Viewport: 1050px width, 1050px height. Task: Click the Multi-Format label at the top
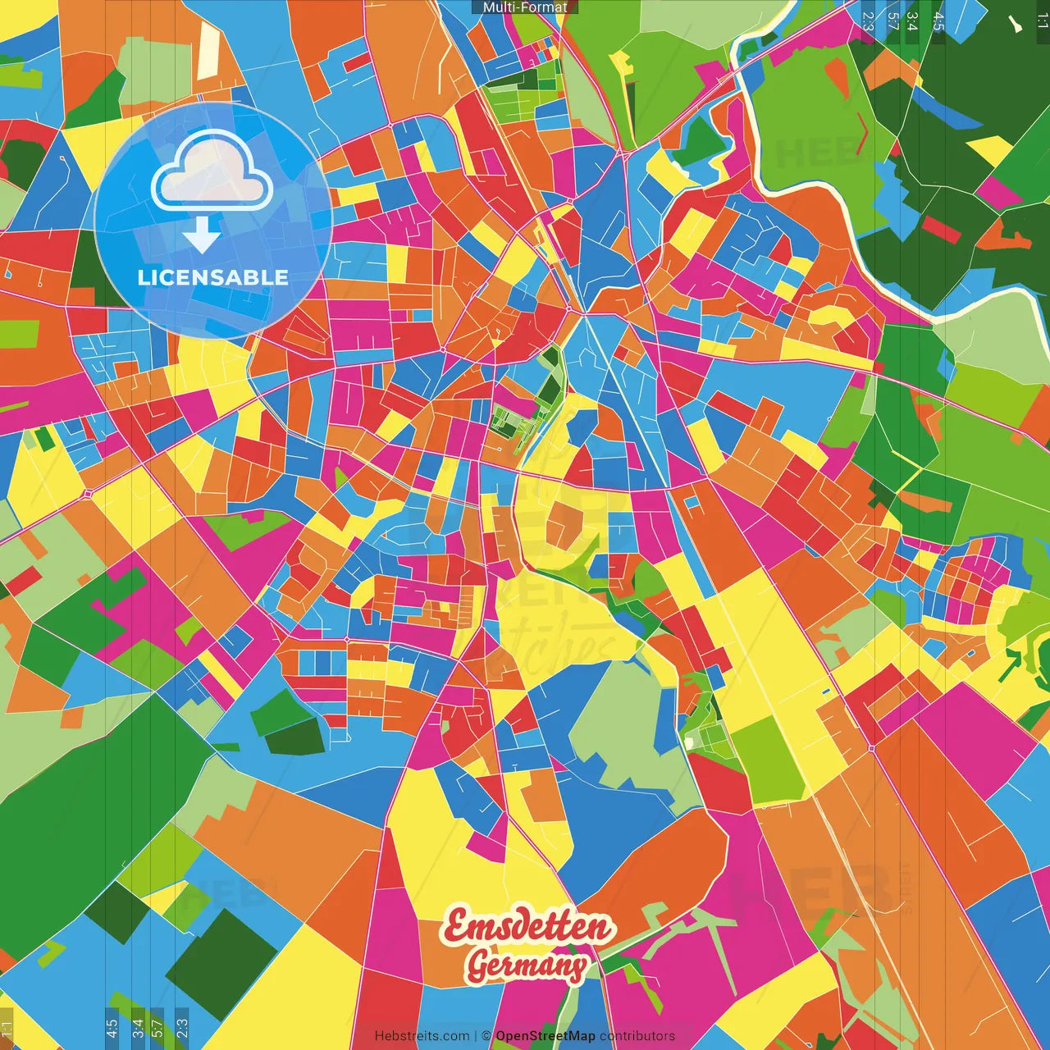pyautogui.click(x=525, y=7)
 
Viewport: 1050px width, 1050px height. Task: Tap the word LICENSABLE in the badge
pyautogui.click(x=213, y=277)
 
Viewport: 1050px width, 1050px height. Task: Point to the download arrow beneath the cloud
pyautogui.click(x=202, y=235)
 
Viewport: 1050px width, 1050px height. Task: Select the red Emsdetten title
pyautogui.click(x=529, y=927)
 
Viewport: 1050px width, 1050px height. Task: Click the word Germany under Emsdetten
pyautogui.click(x=527, y=966)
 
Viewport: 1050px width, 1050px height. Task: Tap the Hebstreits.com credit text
pyautogui.click(x=422, y=1036)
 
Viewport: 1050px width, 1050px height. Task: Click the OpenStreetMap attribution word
pyautogui.click(x=546, y=1036)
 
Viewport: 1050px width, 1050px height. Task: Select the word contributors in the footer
pyautogui.click(x=637, y=1036)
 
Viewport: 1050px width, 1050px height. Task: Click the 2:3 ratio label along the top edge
pyautogui.click(x=868, y=21)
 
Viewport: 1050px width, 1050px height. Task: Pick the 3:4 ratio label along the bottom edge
pyautogui.click(x=138, y=1027)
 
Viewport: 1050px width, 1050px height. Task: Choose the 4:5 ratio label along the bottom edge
pyautogui.click(x=112, y=1027)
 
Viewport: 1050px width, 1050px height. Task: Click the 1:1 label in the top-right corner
pyautogui.click(x=1042, y=21)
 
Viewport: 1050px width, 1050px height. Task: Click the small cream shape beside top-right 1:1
pyautogui.click(x=1016, y=25)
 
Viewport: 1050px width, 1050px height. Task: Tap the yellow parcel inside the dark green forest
pyautogui.click(x=990, y=148)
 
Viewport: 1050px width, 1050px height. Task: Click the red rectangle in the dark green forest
pyautogui.click(x=940, y=230)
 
